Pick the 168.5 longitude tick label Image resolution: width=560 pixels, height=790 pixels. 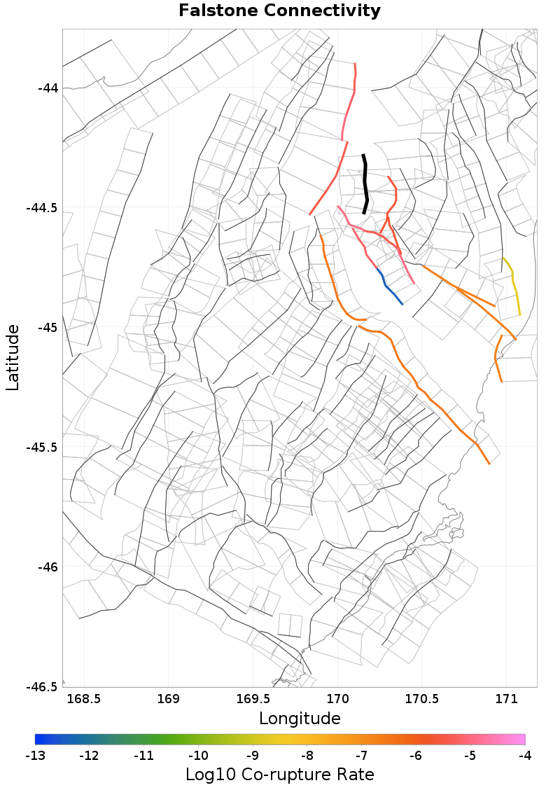[x=84, y=699]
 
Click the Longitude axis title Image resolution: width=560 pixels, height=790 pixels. [x=300, y=719]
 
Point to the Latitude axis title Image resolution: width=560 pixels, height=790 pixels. [x=13, y=357]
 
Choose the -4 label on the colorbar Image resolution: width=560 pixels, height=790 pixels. [x=525, y=756]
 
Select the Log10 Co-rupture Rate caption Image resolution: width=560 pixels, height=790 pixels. [x=280, y=775]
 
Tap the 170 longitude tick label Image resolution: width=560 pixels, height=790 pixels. [x=337, y=699]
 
